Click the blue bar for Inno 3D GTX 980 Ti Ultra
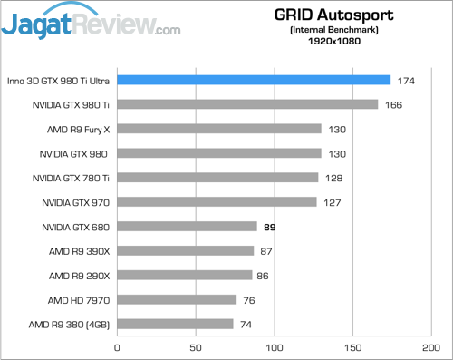(254, 80)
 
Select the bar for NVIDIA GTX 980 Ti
(247, 104)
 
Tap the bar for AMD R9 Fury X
(219, 129)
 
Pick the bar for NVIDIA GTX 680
(187, 226)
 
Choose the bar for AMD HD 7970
(177, 299)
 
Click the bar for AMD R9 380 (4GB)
(175, 324)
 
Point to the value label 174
(405, 80)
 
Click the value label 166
(392, 104)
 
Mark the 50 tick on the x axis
(195, 346)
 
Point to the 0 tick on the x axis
(117, 346)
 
